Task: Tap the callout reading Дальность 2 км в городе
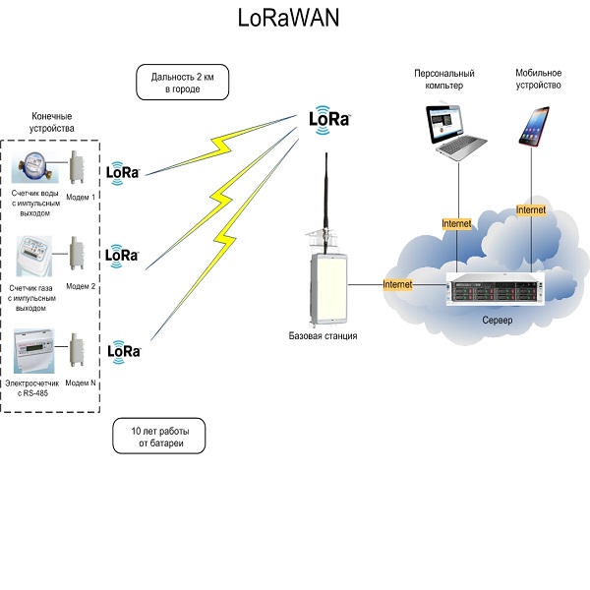pos(182,82)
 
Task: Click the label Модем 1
pos(82,198)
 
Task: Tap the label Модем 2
pos(80,286)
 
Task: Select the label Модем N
pos(81,383)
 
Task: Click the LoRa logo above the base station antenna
pos(329,118)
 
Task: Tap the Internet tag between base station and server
pos(397,284)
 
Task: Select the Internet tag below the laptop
pos(457,224)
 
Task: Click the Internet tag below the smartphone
pos(531,209)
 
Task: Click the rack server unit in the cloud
pos(497,292)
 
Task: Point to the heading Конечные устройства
pos(45,123)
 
